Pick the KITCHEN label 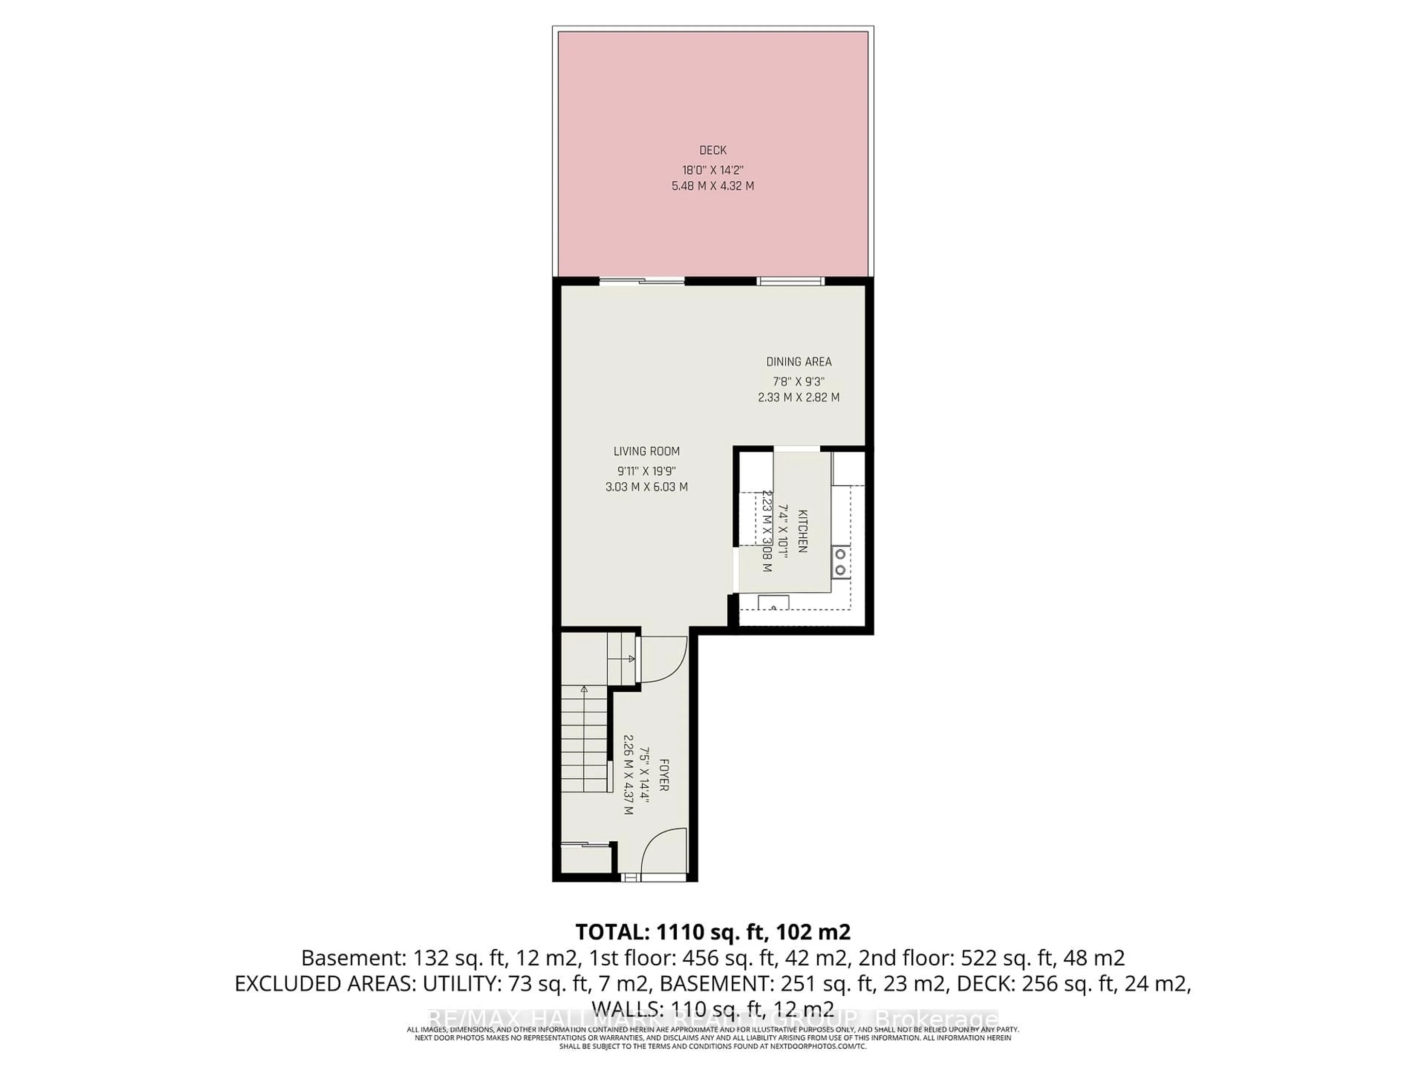[x=802, y=531]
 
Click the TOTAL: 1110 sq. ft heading [x=712, y=932]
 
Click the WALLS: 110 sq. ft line [x=712, y=1008]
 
